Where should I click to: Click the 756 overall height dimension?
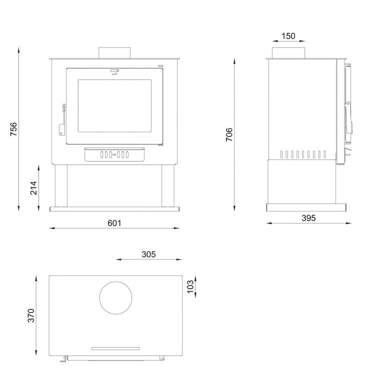13,129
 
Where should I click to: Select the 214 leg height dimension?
33,188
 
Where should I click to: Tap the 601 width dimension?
114,223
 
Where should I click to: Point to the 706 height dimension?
229,134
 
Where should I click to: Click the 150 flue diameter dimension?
288,36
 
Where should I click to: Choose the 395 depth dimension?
308,218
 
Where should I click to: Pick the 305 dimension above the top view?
148,254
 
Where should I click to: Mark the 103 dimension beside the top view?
190,286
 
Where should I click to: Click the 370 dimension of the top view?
31,315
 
